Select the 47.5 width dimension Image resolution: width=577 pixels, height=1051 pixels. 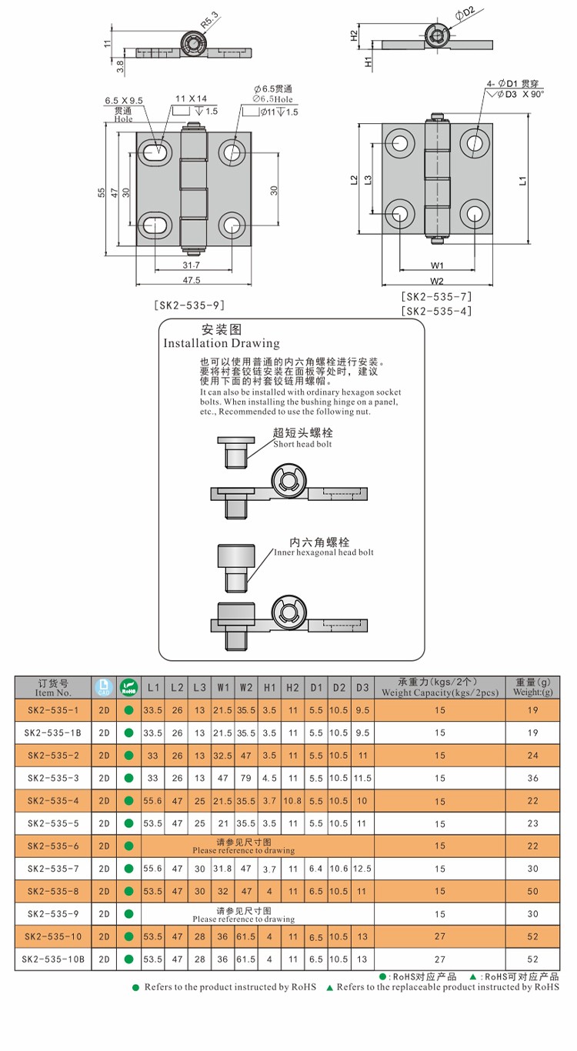tap(192, 280)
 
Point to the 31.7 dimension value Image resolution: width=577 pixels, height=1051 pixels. tap(192, 264)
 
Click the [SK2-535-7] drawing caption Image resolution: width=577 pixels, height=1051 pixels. tap(436, 297)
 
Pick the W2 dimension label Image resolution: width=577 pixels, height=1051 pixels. tap(437, 281)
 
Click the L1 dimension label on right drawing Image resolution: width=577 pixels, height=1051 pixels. tap(522, 180)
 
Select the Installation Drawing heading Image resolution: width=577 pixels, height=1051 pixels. tap(222, 343)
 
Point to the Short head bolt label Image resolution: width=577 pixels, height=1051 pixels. tap(303, 444)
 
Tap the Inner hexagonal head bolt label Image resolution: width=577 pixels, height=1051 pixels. tap(324, 552)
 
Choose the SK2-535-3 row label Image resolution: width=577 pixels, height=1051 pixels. tap(53, 778)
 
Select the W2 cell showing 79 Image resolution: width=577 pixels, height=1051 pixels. tap(246, 778)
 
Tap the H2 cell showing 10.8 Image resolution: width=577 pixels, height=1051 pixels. tap(293, 801)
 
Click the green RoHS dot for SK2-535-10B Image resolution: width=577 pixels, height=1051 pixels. tap(128, 959)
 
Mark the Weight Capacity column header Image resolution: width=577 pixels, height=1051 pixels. tap(440, 687)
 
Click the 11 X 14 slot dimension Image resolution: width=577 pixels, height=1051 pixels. tap(192, 99)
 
